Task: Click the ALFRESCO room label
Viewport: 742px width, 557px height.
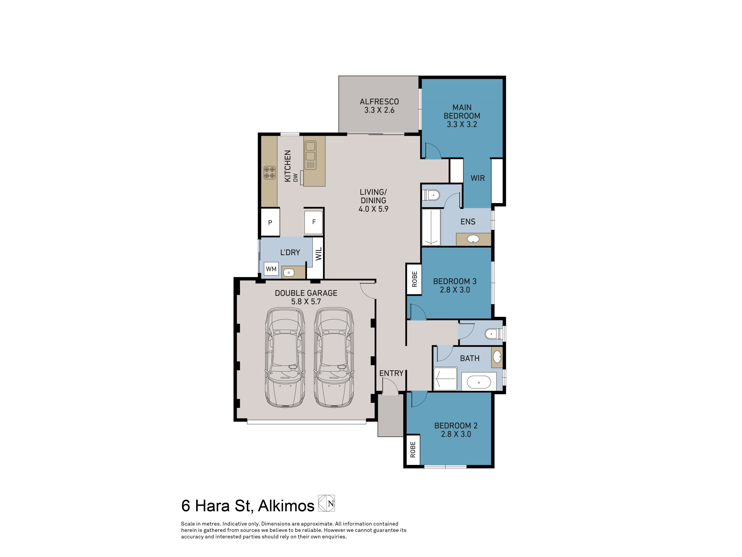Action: tap(379, 101)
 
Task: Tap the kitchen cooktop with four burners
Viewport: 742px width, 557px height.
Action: tap(269, 173)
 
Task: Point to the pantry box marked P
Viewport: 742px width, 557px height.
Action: tap(270, 222)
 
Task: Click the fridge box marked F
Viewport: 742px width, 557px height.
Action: tap(314, 222)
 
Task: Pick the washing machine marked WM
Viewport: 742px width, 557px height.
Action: tap(271, 269)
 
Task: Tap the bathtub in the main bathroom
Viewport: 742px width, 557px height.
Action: tap(479, 382)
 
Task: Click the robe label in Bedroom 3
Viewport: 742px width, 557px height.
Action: tap(414, 279)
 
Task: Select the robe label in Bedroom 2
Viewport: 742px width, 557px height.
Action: tap(413, 449)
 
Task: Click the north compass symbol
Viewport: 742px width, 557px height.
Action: tap(326, 503)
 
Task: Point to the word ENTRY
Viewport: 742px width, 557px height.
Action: tap(391, 373)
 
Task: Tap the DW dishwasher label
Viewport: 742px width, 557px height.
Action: tap(295, 177)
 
